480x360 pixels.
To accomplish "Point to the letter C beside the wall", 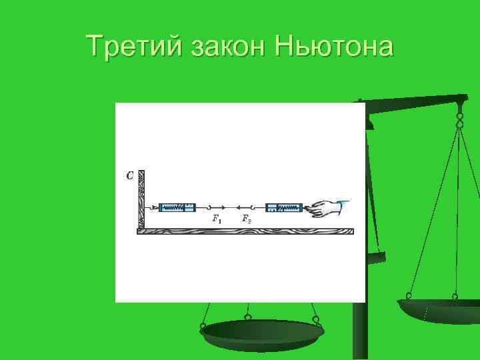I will click(x=129, y=176).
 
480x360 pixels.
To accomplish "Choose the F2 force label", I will click(x=246, y=219).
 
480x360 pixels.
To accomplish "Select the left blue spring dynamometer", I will click(x=177, y=208).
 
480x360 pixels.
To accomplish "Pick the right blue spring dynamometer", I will click(x=284, y=208).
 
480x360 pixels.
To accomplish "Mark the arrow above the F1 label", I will click(x=220, y=208).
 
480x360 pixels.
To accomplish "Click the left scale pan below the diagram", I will click(x=261, y=331).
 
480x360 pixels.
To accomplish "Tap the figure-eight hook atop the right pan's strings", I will click(x=459, y=119).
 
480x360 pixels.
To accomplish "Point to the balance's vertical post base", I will click(x=360, y=333).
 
